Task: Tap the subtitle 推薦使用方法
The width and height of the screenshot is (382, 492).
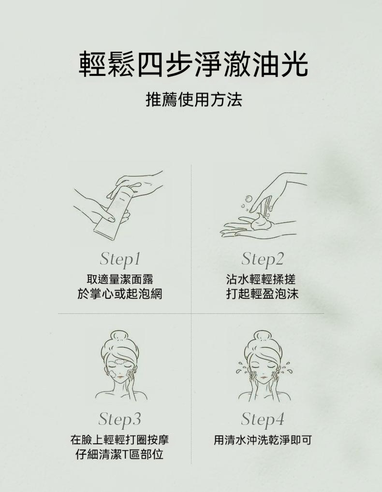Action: pyautogui.click(x=194, y=100)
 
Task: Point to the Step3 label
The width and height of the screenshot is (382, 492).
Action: pyautogui.click(x=120, y=420)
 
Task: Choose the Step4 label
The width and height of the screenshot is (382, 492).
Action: pyautogui.click(x=263, y=420)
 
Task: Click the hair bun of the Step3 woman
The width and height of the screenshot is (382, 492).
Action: pyautogui.click(x=118, y=336)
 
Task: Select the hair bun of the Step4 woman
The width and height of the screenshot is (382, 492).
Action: pyautogui.click(x=263, y=336)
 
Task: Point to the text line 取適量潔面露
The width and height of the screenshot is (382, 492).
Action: pyautogui.click(x=120, y=279)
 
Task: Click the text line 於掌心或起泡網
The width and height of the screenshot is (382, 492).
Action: pyautogui.click(x=120, y=294)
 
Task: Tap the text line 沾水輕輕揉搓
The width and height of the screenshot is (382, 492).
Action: pyautogui.click(x=261, y=279)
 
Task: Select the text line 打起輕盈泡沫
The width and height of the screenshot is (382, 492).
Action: pyautogui.click(x=262, y=294)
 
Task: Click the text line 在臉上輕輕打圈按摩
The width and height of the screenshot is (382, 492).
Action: pyautogui.click(x=120, y=439)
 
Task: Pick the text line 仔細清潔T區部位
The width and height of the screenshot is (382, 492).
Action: pyautogui.click(x=119, y=454)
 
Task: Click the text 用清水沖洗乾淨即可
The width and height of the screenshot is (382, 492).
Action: pyautogui.click(x=263, y=440)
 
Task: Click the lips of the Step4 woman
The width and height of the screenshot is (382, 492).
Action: pyautogui.click(x=263, y=379)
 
